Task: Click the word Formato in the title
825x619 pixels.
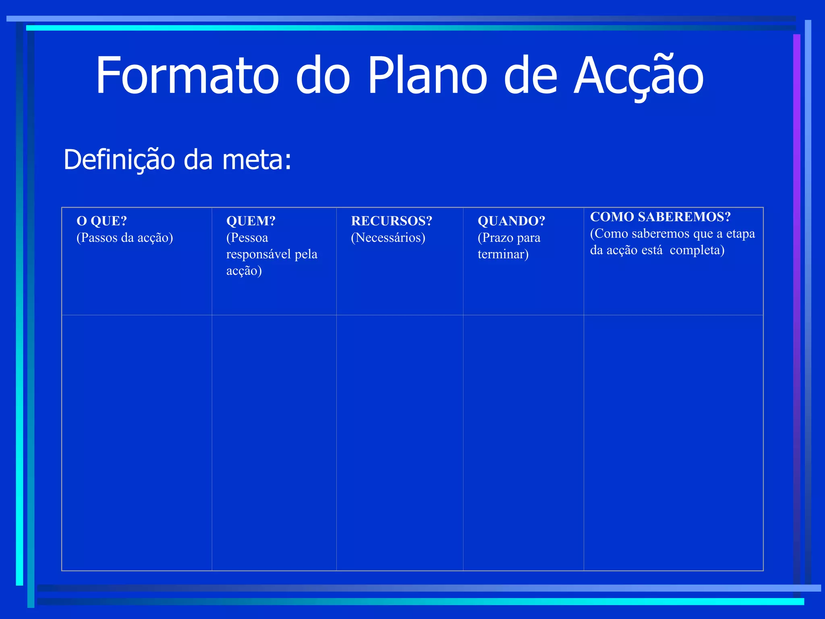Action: (187, 76)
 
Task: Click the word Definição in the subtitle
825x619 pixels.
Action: (119, 160)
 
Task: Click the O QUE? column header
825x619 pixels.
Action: (102, 221)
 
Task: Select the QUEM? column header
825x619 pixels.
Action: (251, 221)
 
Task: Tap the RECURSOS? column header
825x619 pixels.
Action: (392, 221)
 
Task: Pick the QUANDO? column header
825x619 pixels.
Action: (511, 221)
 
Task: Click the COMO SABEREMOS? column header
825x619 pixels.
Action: (660, 217)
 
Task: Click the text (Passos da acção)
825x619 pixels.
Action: (125, 238)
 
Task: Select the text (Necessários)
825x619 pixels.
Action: (388, 238)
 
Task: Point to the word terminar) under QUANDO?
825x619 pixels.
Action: (503, 254)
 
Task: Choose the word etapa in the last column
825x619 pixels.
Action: (740, 234)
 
